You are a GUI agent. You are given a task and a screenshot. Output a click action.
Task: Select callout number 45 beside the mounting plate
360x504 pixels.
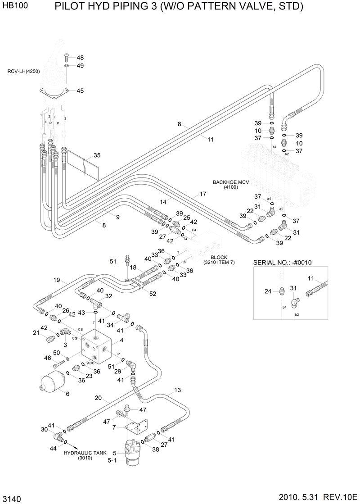point(80,91)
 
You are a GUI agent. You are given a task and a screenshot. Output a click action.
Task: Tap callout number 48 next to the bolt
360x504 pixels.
point(80,58)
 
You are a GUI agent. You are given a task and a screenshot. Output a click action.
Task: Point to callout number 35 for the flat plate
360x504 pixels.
point(97,156)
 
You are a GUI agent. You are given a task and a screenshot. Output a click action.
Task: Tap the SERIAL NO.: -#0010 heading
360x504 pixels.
point(283,263)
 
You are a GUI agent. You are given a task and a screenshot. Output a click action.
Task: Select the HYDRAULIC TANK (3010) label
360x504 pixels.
point(84,455)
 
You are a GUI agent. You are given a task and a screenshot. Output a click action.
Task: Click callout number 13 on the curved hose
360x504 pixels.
point(177,390)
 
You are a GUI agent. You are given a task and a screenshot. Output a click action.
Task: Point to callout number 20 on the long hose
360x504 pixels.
point(99,398)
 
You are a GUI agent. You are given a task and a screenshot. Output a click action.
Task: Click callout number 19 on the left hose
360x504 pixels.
point(56,280)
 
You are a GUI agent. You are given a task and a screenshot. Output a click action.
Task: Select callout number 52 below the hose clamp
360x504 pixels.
point(153,294)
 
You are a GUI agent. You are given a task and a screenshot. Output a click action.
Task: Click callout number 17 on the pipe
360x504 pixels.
point(202,194)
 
